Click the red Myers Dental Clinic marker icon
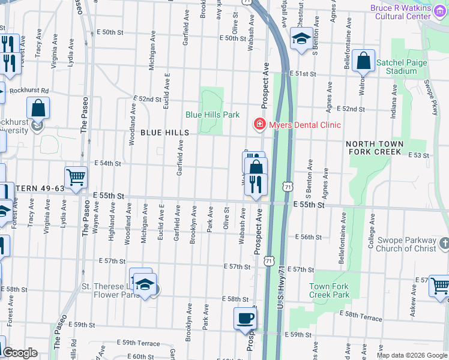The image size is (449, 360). coord(259,124)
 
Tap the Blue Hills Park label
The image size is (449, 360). coord(212,114)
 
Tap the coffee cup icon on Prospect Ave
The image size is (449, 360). coord(244,319)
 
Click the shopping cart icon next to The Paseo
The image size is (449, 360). coord(76,178)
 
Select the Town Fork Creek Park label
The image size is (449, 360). coord(329,291)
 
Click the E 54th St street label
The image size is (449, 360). coord(108,163)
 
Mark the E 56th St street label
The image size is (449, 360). coord(311,237)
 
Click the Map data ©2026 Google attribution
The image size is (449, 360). coord(412,355)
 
